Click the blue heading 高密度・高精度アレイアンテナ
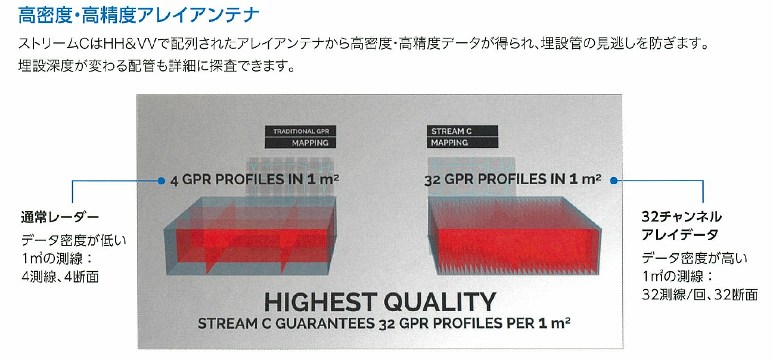[138, 15]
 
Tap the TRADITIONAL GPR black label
[300, 131]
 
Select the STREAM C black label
[462, 131]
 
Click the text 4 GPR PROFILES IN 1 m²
[254, 180]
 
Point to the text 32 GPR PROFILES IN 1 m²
[513, 179]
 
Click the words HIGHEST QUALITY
[380, 302]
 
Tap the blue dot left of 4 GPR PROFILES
[161, 181]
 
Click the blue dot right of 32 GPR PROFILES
[613, 181]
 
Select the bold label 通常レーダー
[60, 217]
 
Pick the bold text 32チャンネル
[682, 217]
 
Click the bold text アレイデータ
[680, 235]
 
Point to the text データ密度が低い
[74, 240]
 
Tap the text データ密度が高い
[694, 258]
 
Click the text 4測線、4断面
[60, 277]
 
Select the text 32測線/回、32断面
[700, 295]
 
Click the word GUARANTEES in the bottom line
[325, 324]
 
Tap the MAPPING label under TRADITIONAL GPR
[310, 143]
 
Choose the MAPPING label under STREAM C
[449, 143]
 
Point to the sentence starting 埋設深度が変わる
[157, 66]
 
